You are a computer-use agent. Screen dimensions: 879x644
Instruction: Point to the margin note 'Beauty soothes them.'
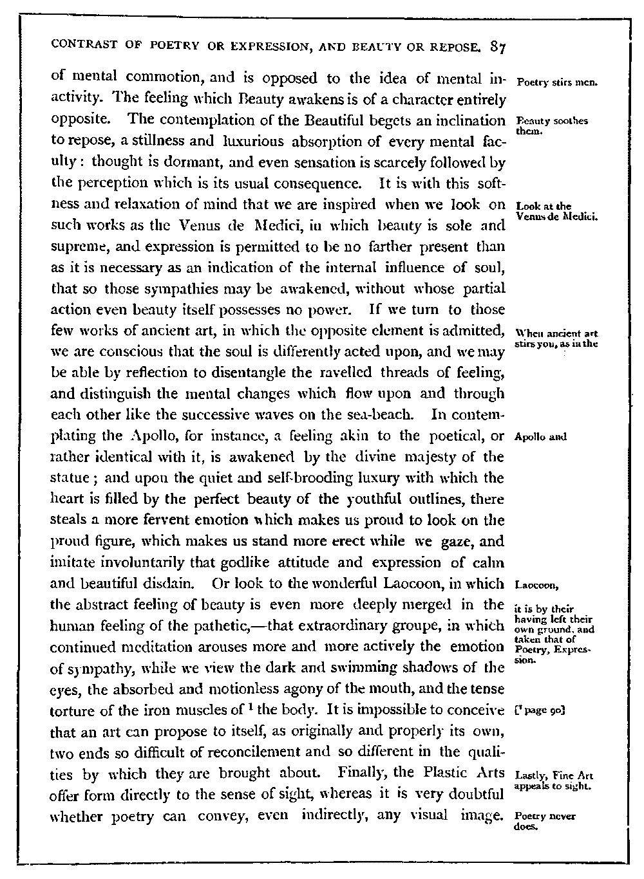(551, 126)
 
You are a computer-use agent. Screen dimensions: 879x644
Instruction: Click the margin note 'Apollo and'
(540, 436)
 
